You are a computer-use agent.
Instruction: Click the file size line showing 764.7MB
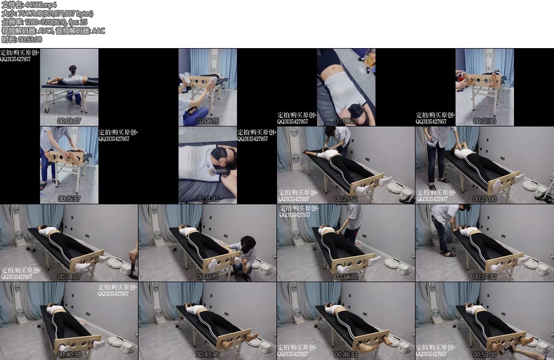click(47, 14)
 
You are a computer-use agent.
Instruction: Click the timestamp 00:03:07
click(69, 121)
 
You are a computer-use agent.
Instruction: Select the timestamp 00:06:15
click(208, 121)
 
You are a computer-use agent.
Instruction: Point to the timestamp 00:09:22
click(346, 121)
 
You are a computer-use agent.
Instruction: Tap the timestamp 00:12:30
click(485, 121)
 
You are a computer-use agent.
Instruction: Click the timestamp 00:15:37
click(69, 199)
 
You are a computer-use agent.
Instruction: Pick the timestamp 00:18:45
click(208, 199)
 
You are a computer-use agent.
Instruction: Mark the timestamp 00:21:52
click(346, 199)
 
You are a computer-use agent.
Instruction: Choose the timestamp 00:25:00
click(485, 199)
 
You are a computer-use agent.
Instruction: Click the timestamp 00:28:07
click(69, 277)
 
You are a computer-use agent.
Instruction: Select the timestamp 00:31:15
click(208, 277)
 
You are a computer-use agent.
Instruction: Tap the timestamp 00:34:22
click(346, 277)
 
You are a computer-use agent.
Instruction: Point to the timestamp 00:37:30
click(485, 277)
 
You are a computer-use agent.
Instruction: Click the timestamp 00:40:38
click(69, 355)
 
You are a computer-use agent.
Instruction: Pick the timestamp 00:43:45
click(208, 355)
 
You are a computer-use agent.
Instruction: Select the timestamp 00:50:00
click(485, 355)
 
